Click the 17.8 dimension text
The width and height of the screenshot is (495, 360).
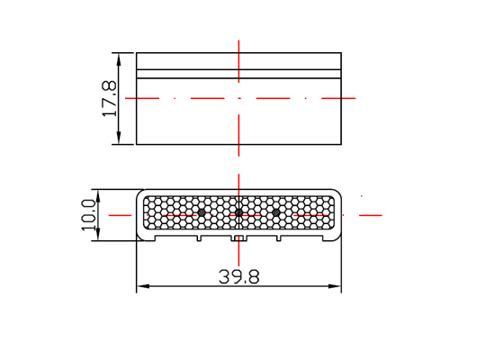point(109,98)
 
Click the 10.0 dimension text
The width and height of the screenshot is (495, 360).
point(89,216)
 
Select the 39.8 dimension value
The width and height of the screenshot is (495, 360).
point(238,277)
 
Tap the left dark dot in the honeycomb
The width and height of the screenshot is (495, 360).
point(202,212)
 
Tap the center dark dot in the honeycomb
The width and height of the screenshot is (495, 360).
point(238,213)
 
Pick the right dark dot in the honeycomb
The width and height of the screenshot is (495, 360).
point(275,212)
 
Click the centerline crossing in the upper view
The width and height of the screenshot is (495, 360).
point(238,97)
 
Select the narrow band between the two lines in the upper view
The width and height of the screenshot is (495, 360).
point(238,74)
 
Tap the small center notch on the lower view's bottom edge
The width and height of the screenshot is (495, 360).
point(238,239)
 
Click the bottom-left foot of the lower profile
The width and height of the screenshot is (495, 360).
point(148,239)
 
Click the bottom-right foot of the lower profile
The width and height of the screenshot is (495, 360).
point(330,239)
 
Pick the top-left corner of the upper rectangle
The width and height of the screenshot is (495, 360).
point(136,53)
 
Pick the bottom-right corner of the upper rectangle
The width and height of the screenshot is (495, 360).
point(342,144)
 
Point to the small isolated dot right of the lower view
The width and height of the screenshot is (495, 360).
point(362,196)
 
